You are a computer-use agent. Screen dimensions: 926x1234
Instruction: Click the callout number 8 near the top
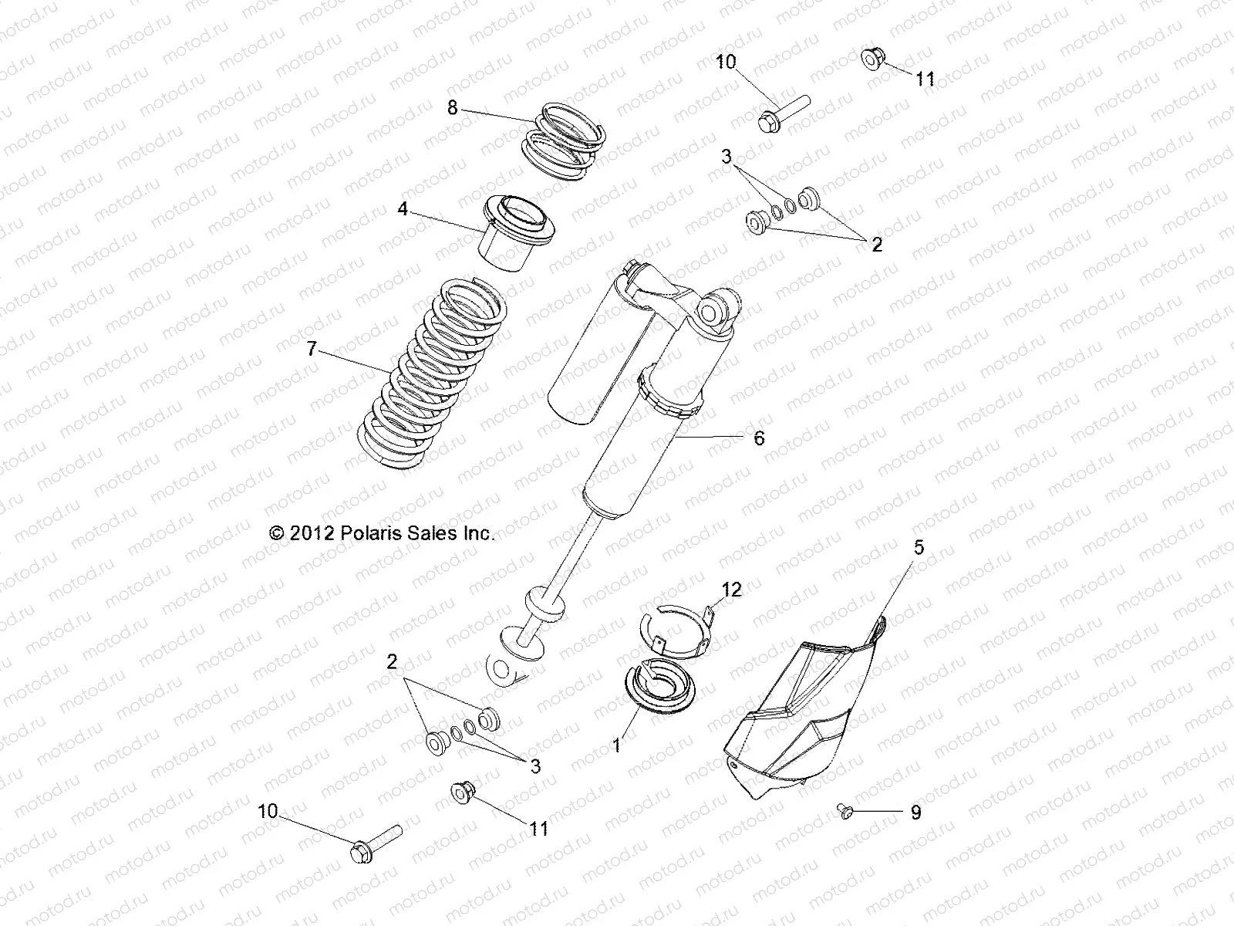453,108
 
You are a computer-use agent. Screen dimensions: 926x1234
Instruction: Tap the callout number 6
759,438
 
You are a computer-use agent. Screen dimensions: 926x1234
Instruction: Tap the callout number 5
918,547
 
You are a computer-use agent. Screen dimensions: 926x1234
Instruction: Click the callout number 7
311,350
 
